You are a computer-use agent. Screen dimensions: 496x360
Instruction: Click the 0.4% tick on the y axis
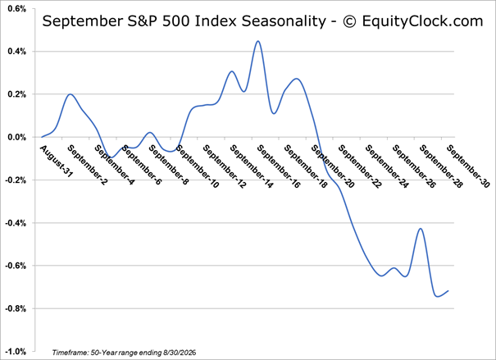coord(16,51)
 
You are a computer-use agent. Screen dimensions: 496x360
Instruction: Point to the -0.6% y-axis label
coord(16,266)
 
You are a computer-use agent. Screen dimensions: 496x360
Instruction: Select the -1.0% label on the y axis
coord(16,352)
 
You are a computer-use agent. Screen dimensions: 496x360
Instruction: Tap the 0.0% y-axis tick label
coord(16,137)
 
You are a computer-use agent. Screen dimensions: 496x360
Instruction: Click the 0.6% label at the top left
coord(16,8)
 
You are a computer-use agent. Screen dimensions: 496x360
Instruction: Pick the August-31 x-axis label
coord(57,161)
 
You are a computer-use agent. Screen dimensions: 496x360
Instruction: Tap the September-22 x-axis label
coord(360,166)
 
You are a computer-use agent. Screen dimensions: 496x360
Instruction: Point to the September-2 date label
coord(88,165)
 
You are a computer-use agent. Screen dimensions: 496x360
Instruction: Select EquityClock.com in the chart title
coord(422,21)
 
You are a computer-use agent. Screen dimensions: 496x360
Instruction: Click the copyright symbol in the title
coord(350,21)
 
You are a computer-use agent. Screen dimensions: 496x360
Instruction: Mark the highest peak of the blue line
coord(257,41)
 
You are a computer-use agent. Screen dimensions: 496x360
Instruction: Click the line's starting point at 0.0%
coord(42,137)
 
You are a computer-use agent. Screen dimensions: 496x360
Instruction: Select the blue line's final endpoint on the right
coord(448,291)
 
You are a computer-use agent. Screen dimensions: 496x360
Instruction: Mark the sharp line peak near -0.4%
coord(421,229)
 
